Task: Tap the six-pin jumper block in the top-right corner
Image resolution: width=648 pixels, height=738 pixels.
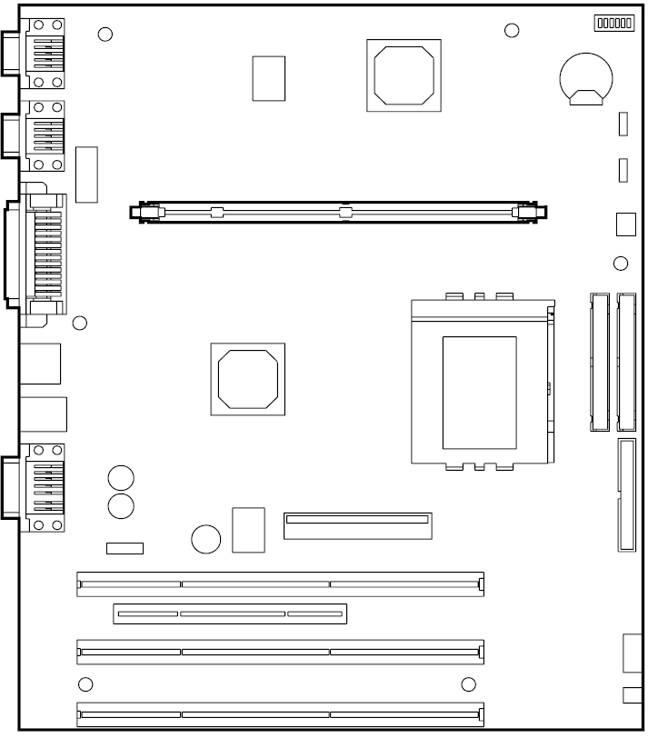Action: point(613,24)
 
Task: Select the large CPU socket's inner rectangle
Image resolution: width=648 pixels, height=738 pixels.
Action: point(479,392)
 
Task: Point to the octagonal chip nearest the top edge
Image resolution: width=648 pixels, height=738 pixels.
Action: point(403,75)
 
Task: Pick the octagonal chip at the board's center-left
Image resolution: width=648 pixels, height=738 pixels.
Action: point(247,378)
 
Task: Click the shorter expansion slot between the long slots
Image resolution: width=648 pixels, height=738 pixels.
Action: point(230,614)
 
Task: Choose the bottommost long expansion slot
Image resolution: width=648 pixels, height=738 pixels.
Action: point(280,714)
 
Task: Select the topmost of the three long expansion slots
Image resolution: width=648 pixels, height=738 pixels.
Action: point(280,583)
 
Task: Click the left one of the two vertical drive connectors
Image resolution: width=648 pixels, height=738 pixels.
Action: point(599,362)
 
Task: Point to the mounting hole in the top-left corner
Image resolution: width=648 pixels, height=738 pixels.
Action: point(105,34)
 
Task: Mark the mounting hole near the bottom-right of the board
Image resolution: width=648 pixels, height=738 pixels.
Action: point(469,684)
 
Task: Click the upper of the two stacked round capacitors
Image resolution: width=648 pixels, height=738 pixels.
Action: point(121,477)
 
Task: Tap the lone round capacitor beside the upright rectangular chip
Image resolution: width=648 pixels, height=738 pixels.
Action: point(206,539)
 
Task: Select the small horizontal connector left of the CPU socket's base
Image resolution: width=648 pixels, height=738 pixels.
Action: point(357,525)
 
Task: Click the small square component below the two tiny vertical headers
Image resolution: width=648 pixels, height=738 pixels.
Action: point(625,224)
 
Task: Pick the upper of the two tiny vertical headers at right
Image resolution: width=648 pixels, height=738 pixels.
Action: point(623,125)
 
